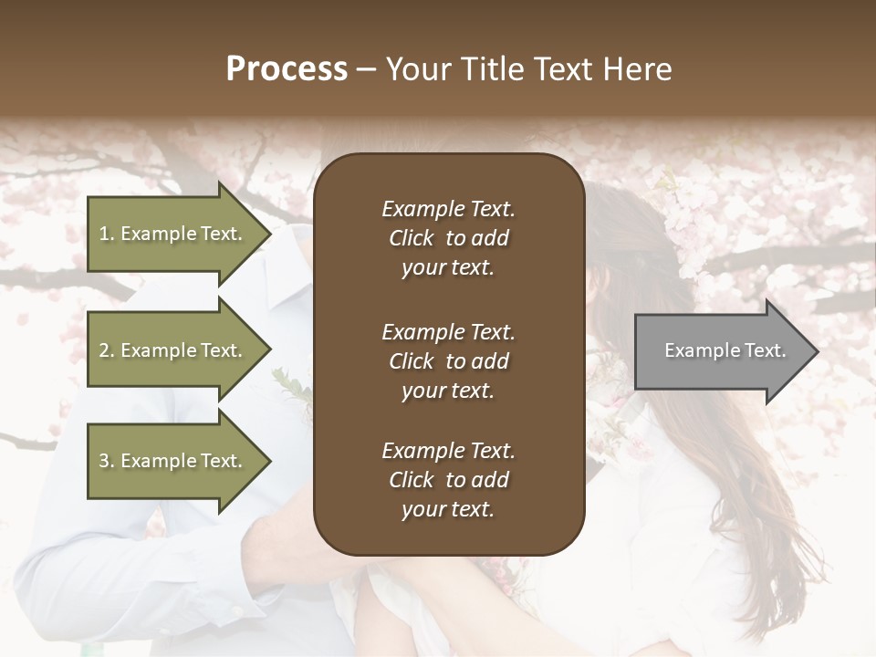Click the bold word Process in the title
click(x=287, y=69)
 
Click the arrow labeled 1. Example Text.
click(x=172, y=234)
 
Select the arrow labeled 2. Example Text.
click(x=172, y=350)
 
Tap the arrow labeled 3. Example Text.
click(x=172, y=461)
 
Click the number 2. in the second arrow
click(x=106, y=350)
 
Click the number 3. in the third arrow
click(x=106, y=461)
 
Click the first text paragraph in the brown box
click(x=448, y=238)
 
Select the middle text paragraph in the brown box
click(x=448, y=361)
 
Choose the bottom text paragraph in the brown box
click(x=448, y=480)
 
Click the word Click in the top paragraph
click(x=412, y=238)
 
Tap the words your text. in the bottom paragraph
click(x=448, y=509)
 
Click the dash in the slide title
click(x=366, y=69)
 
